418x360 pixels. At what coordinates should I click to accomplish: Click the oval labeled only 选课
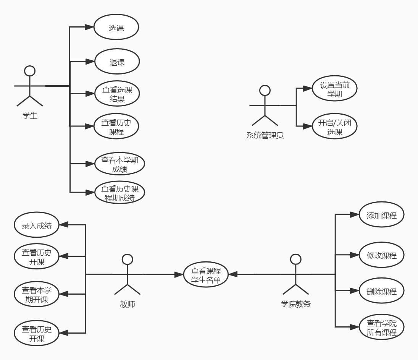(x=116, y=27)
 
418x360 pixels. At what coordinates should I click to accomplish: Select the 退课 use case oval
(x=117, y=62)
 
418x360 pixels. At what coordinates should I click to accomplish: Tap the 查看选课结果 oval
(x=117, y=94)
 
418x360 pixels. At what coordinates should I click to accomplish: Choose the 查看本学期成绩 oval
(x=120, y=164)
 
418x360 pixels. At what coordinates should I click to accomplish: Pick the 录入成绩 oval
(x=37, y=225)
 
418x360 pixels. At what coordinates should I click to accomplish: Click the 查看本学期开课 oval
(x=37, y=294)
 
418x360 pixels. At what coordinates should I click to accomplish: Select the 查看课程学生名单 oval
(x=206, y=274)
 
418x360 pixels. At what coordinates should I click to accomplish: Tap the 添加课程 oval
(x=381, y=214)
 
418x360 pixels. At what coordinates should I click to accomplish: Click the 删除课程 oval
(x=381, y=290)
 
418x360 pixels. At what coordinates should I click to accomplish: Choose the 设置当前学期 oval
(x=334, y=88)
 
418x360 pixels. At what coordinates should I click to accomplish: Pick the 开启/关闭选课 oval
(x=334, y=126)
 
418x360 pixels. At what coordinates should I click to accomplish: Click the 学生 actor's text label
(x=30, y=116)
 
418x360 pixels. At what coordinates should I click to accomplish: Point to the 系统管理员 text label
(x=265, y=135)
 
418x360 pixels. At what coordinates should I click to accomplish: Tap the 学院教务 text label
(x=295, y=304)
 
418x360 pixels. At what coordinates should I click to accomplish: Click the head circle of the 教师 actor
(x=127, y=259)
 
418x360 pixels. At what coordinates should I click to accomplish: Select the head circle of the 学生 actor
(x=30, y=71)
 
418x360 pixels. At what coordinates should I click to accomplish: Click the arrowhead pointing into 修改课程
(x=355, y=255)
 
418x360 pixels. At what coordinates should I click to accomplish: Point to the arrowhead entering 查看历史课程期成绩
(x=90, y=192)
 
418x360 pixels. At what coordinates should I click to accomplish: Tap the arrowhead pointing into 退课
(x=90, y=62)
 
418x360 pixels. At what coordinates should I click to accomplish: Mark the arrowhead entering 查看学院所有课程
(x=355, y=327)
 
